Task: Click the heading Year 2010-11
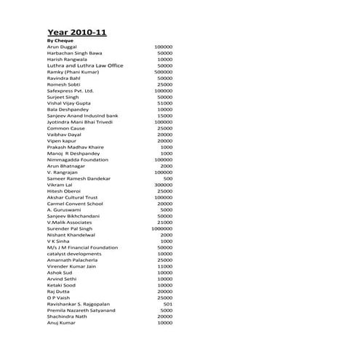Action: (76, 32)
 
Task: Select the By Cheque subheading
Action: (61, 41)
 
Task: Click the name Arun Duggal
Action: (64, 47)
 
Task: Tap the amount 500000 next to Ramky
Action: (163, 72)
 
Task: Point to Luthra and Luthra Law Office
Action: (85, 65)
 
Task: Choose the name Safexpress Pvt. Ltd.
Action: (71, 91)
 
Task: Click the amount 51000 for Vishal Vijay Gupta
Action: (164, 103)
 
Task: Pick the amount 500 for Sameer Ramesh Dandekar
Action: (168, 178)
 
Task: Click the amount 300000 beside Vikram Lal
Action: (163, 185)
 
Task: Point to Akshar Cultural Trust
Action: (73, 197)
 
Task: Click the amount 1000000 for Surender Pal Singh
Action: (161, 228)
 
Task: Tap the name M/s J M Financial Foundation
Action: (82, 247)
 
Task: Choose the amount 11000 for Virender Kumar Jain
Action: (164, 266)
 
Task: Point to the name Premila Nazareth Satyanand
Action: (81, 310)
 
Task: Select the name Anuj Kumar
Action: (63, 323)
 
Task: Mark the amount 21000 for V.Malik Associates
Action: (164, 223)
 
